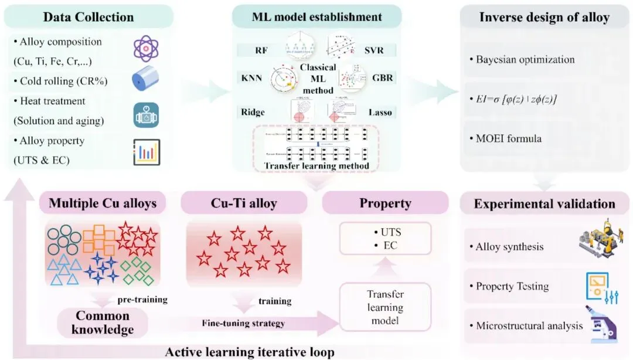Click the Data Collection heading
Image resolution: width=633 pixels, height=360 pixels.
89,17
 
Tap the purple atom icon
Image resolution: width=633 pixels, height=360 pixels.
146,49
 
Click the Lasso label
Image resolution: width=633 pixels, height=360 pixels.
384,111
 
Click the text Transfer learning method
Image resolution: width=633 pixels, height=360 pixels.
316,166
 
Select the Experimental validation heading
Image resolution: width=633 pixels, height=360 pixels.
544,204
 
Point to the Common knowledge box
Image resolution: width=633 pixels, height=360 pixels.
103,323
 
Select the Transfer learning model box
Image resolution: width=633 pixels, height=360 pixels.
385,307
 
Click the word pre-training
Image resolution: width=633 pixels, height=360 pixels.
142,300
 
